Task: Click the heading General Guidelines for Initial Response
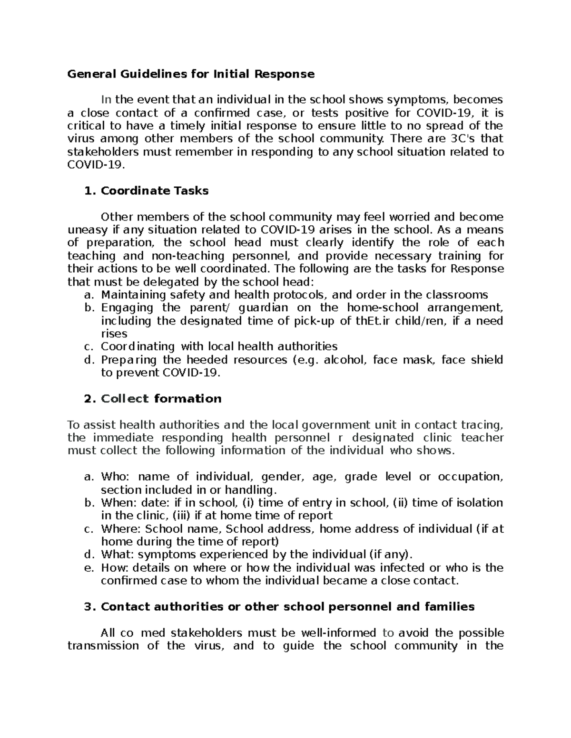click(191, 74)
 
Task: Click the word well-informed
click(337, 633)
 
